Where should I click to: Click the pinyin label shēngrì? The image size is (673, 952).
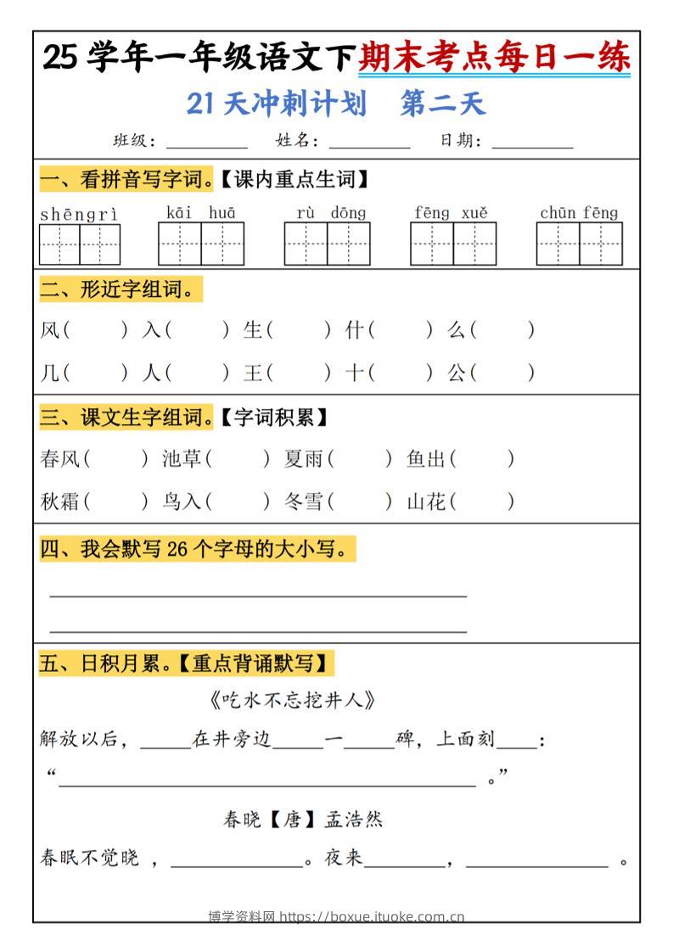pos(79,214)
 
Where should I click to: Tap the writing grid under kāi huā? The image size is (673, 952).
pos(201,244)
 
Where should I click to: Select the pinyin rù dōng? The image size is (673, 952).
pos(326,213)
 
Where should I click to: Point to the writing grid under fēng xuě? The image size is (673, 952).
pos(453,244)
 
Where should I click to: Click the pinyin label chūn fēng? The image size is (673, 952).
pos(579,213)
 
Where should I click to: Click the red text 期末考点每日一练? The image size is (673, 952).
pos(494,58)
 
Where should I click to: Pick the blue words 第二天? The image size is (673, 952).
pos(442,104)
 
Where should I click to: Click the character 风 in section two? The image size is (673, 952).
pos(49,330)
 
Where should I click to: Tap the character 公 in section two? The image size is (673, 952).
pos(457,372)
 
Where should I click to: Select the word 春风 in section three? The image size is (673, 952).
pos(59,459)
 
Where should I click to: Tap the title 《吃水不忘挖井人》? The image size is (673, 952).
pos(291,701)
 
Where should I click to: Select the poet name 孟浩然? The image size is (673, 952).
pos(354,820)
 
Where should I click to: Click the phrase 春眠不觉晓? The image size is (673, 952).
pos(89,858)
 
